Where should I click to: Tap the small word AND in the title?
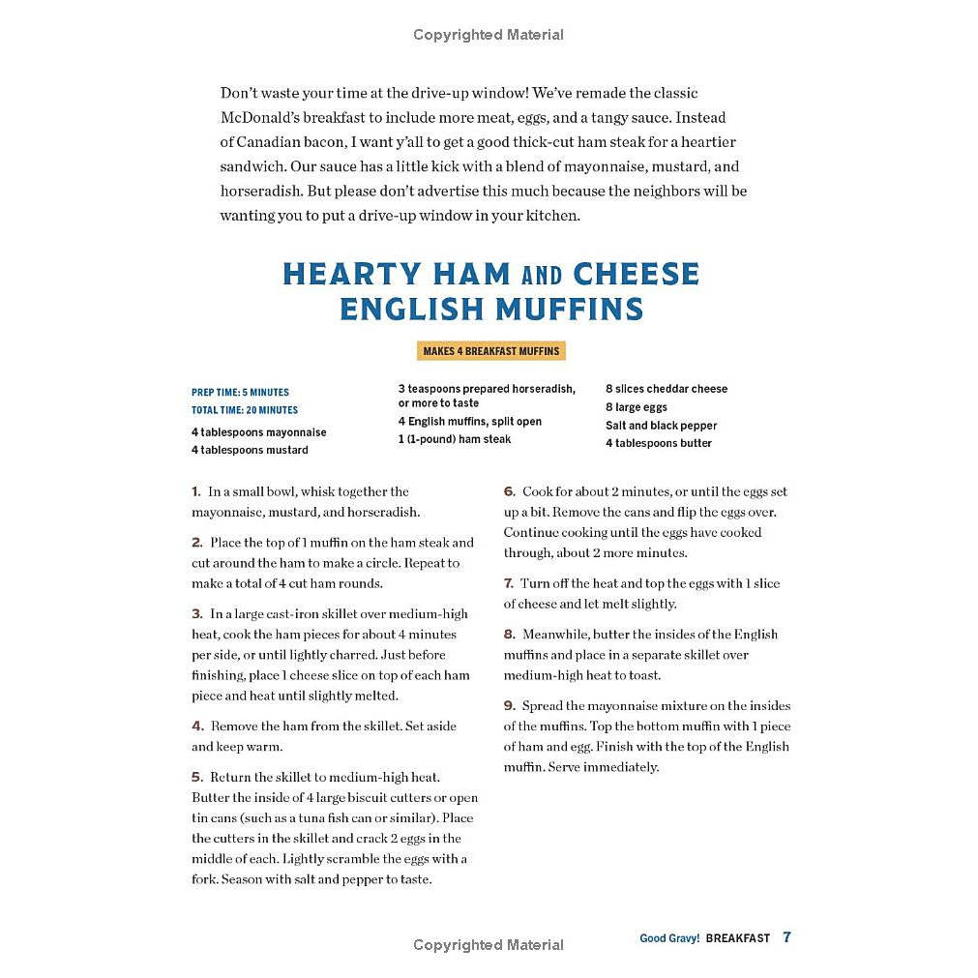(542, 276)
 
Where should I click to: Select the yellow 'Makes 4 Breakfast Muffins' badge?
(491, 351)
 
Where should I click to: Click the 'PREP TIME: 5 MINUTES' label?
(240, 393)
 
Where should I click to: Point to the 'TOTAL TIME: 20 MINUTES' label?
(245, 410)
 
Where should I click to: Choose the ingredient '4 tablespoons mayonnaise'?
(258, 432)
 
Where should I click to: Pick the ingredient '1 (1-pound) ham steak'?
(455, 439)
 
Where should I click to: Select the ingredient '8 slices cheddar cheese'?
(667, 389)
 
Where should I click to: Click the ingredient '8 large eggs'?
(637, 407)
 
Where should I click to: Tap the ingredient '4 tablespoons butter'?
(659, 443)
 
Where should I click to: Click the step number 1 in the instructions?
(195, 491)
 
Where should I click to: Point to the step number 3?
(196, 613)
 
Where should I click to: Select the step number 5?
(196, 777)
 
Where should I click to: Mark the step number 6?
(509, 491)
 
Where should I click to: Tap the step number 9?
(509, 705)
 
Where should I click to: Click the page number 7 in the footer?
(786, 937)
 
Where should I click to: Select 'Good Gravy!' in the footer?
(669, 938)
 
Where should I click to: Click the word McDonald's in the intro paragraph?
(266, 117)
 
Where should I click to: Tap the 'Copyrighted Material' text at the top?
(489, 35)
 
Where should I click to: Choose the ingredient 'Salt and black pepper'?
(662, 426)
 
